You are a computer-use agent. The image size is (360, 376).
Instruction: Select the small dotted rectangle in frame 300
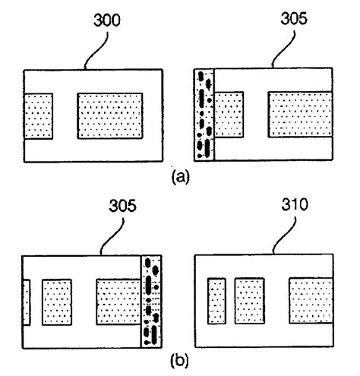(38, 116)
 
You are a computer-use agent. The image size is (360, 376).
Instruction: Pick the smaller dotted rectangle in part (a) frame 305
(229, 115)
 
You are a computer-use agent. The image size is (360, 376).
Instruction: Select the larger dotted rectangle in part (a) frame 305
(300, 115)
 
